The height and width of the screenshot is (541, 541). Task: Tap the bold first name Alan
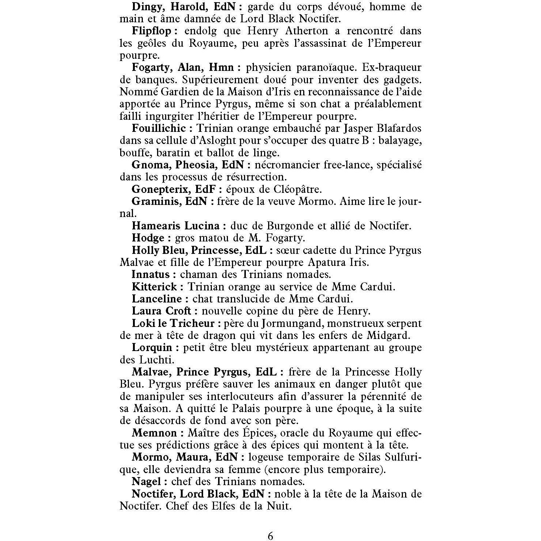coord(191,68)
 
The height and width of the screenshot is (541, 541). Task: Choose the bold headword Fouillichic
coord(159,129)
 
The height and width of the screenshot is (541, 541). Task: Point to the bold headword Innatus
coord(151,275)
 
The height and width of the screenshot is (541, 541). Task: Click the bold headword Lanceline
coord(157,299)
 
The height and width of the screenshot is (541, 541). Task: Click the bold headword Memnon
coord(154,433)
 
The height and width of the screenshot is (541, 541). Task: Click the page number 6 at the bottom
coord(270,536)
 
